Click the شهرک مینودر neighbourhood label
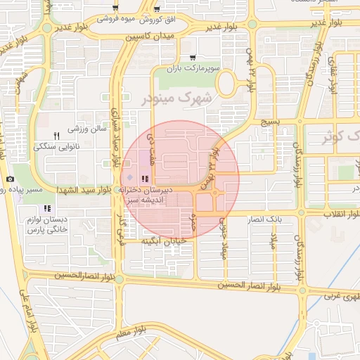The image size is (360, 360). (176, 98)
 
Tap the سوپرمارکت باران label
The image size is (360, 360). (193, 69)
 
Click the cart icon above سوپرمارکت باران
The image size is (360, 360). (193, 58)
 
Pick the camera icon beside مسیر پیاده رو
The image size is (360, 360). (11, 179)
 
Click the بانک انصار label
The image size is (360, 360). (262, 219)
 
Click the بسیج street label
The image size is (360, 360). (271, 123)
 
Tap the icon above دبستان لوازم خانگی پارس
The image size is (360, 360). (47, 208)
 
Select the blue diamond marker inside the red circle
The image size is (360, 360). (129, 176)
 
